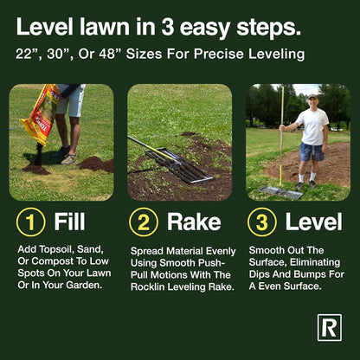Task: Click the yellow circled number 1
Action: [30, 222]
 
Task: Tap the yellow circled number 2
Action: [144, 222]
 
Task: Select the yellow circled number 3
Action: [260, 222]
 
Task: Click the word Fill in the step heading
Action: [69, 222]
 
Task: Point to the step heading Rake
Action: [193, 222]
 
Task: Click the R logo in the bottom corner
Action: [330, 327]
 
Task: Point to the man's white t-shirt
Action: [312, 126]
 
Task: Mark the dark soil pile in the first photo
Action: [95, 164]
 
